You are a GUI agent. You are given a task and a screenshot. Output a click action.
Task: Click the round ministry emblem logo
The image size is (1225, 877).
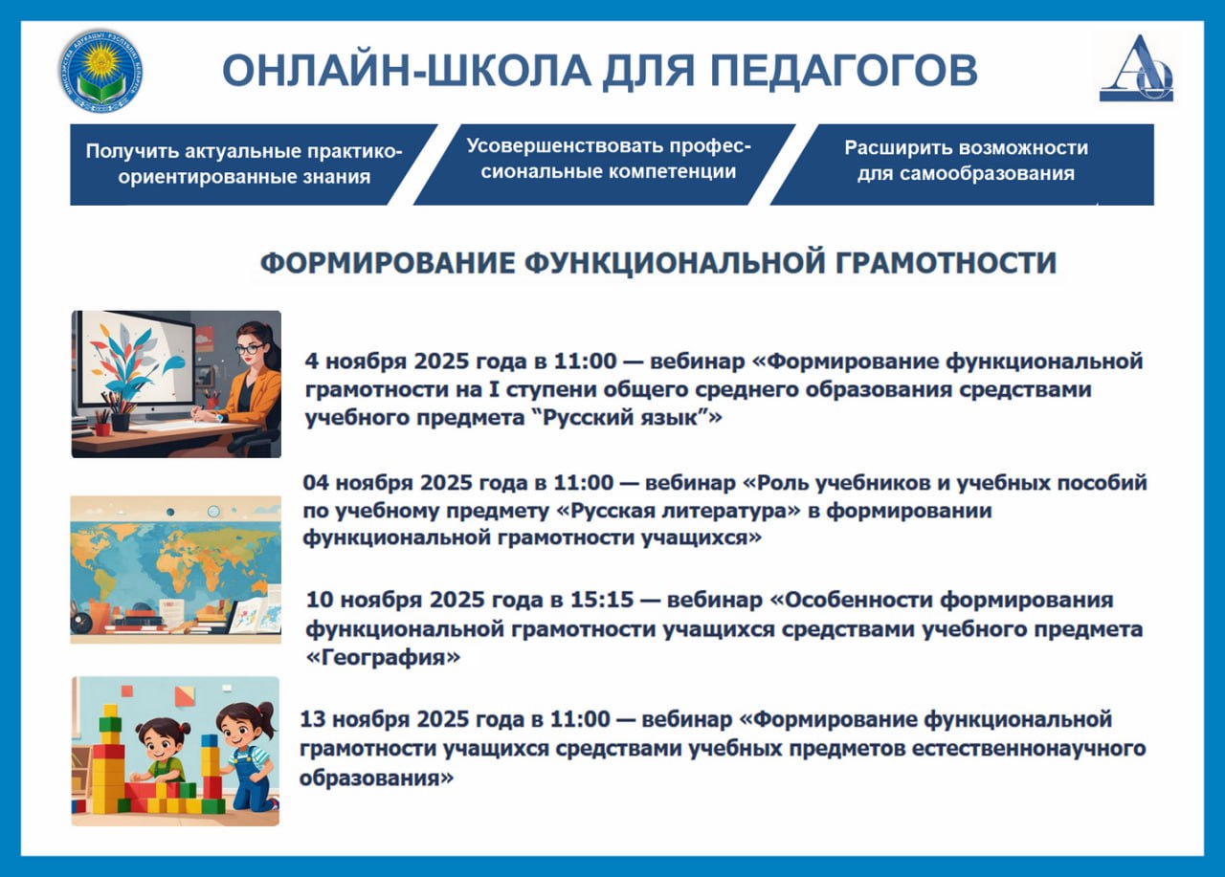click(101, 71)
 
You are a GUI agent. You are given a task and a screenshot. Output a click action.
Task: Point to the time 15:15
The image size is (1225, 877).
click(602, 600)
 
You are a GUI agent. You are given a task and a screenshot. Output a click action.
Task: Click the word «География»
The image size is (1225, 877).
click(384, 657)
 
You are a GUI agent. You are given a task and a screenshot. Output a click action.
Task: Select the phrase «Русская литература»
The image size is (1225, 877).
click(679, 511)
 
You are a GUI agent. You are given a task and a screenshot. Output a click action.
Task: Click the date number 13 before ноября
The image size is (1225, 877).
click(313, 719)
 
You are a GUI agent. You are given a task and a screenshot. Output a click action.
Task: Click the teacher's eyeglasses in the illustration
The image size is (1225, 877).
click(250, 349)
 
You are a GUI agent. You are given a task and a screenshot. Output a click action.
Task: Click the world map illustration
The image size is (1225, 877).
click(175, 569)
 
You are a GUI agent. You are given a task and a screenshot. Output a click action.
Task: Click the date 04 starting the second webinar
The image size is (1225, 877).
click(316, 483)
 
